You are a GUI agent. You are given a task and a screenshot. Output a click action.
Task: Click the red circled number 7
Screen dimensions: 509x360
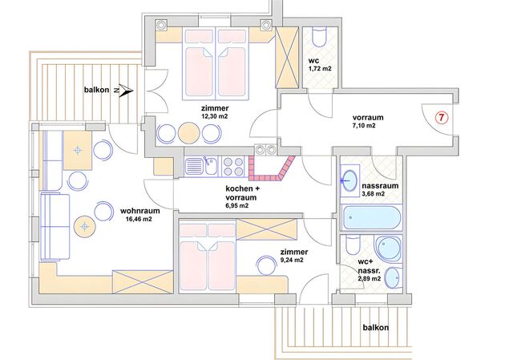point(441,118)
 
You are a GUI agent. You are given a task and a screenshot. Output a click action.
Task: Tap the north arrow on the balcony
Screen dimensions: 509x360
point(124,91)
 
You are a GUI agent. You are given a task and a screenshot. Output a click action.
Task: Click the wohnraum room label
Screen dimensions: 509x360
point(140,211)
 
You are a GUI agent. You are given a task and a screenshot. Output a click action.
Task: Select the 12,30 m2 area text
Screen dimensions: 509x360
point(215,116)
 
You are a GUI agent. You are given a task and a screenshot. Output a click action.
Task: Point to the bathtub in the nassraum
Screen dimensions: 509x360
point(371,218)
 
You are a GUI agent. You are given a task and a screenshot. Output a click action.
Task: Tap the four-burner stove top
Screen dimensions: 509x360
point(233,167)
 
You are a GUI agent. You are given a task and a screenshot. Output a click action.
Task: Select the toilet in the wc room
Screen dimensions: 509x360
point(319,37)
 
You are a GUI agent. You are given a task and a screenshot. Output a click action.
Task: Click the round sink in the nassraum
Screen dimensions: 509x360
point(349,180)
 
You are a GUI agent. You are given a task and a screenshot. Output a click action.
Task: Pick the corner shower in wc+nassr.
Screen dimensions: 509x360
point(389,249)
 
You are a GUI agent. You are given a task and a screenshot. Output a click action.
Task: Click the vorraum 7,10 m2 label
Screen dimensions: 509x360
point(368,121)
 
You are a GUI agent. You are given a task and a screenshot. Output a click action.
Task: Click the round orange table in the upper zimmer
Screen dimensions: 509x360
point(188,133)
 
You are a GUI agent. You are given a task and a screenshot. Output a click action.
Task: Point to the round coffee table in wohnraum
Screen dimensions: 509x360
point(84,226)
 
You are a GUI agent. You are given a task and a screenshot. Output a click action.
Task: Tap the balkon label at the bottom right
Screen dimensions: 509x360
point(376,328)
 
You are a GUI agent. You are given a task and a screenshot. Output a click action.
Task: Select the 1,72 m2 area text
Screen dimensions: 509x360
point(320,68)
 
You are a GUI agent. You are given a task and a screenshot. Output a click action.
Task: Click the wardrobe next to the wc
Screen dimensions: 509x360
point(287,58)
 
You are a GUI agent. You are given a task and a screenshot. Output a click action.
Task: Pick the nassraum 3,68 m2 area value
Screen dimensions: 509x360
point(374,194)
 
